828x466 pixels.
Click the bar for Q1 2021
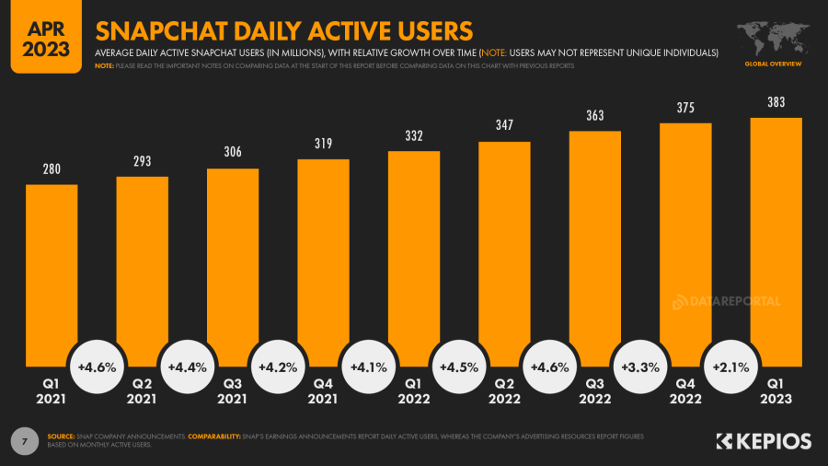click(52, 276)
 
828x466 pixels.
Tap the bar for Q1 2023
click(776, 239)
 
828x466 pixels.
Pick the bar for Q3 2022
click(594, 249)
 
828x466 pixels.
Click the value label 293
click(142, 161)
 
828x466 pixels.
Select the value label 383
click(776, 102)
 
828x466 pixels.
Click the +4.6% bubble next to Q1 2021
click(97, 367)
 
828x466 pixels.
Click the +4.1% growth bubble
click(368, 367)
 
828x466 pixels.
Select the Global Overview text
click(773, 64)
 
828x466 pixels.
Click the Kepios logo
click(763, 442)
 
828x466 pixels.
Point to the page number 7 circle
click(24, 440)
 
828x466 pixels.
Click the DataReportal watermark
click(727, 301)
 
